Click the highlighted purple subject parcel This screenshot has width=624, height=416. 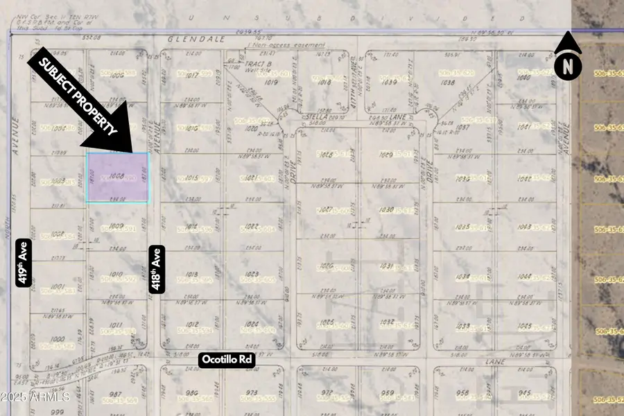coord(117,177)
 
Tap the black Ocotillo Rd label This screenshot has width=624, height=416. coord(227,360)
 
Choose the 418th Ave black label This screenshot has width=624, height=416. coord(157,270)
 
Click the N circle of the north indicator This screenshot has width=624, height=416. coord(569,67)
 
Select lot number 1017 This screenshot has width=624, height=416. coord(193,75)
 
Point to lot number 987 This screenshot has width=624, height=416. coord(116,394)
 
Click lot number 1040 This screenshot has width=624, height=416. coord(524,78)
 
